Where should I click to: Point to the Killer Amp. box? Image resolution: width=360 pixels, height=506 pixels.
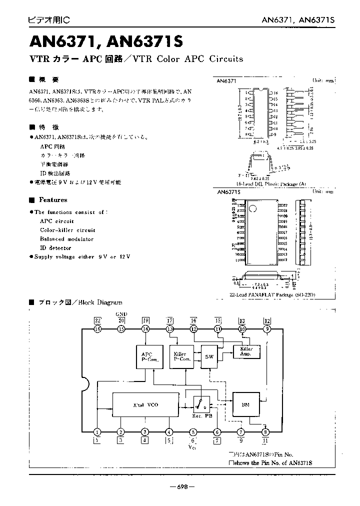[x=246, y=351]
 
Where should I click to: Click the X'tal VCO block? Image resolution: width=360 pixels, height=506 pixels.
[x=145, y=404]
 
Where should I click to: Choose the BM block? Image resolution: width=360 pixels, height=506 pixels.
[x=245, y=404]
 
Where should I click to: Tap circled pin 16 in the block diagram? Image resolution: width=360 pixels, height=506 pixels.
[x=97, y=329]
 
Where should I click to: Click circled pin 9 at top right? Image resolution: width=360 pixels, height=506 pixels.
[x=267, y=329]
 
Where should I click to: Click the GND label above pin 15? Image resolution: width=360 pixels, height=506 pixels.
[x=121, y=314]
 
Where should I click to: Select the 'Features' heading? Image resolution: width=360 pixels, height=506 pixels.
[x=53, y=200]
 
